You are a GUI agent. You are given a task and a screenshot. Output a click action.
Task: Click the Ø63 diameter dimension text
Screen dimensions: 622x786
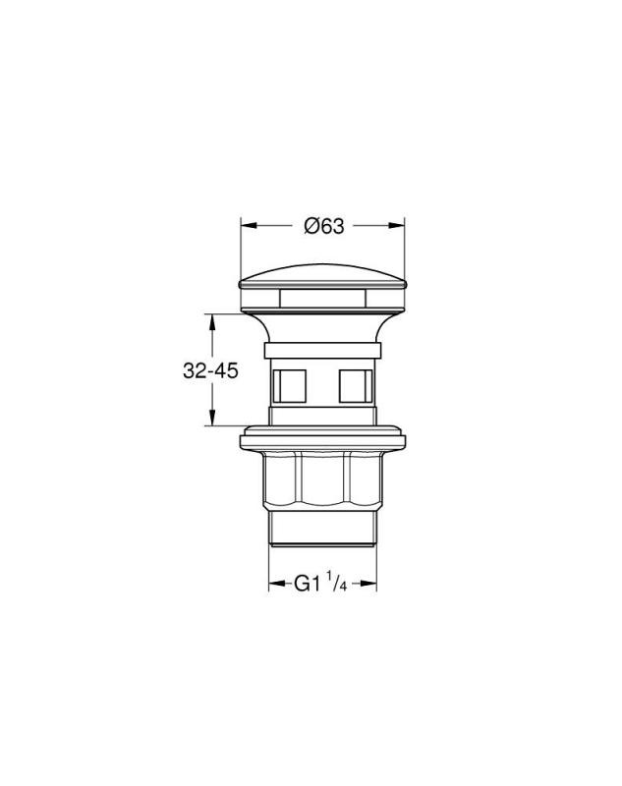(324, 227)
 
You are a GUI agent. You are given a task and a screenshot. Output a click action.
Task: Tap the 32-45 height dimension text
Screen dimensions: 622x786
(210, 371)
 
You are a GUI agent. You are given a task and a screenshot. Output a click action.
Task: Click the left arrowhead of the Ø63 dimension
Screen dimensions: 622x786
(250, 226)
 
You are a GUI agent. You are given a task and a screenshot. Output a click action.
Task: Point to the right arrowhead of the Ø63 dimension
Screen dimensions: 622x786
(396, 226)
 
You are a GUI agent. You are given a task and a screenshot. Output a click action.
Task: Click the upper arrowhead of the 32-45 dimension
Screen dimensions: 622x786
(212, 322)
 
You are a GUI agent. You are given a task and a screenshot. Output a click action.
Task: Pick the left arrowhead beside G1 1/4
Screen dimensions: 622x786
(277, 583)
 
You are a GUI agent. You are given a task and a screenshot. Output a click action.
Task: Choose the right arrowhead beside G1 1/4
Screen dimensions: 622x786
(368, 583)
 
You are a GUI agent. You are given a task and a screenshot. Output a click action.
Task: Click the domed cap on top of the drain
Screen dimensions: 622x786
(322, 277)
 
